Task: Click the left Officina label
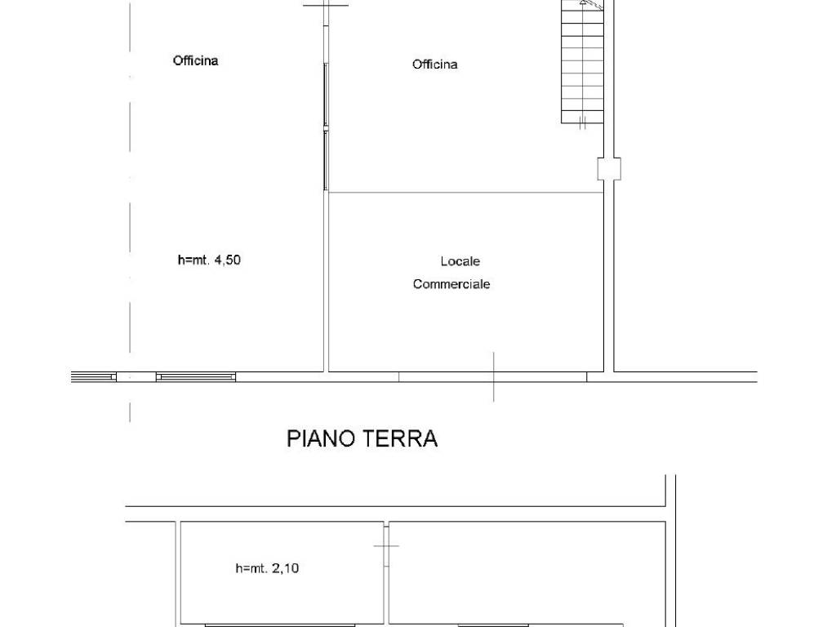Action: click(195, 60)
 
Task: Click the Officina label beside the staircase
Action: click(434, 64)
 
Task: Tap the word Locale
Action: click(460, 261)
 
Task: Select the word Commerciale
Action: click(451, 285)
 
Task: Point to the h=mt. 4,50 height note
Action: click(209, 261)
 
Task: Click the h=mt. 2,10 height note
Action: click(267, 568)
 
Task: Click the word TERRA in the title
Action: click(406, 438)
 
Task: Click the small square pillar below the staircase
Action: click(608, 168)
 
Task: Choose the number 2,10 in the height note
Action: click(285, 568)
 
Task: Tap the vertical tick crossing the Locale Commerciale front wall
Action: click(493, 376)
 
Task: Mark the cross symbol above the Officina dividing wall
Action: click(326, 5)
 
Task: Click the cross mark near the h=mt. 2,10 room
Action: click(386, 545)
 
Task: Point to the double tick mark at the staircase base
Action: click(583, 123)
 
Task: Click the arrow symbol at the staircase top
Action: click(585, 4)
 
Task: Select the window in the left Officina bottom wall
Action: click(196, 376)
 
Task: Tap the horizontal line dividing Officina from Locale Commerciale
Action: click(465, 193)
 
